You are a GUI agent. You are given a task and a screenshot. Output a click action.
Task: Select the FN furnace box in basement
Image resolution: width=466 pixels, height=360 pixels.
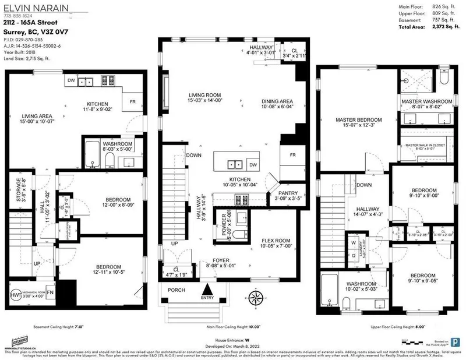pyautogui.click(x=51, y=293)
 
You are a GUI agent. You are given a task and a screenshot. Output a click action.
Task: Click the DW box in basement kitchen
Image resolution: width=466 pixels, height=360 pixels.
pyautogui.click(x=70, y=81)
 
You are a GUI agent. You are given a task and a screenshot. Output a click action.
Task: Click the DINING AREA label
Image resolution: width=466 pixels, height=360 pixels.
pyautogui.click(x=277, y=101)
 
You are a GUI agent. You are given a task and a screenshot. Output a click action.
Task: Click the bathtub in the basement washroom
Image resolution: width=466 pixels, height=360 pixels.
pyautogui.click(x=93, y=156)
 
